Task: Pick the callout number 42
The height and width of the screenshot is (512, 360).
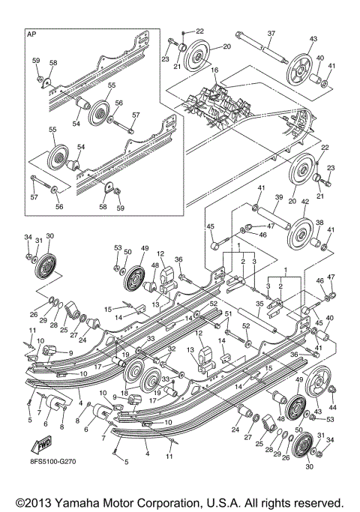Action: (304, 201)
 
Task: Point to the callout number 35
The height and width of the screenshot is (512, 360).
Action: (258, 304)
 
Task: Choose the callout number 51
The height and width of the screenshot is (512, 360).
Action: (227, 313)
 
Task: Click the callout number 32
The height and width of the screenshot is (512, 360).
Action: (171, 349)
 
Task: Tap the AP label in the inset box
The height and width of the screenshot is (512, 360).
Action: (31, 34)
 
